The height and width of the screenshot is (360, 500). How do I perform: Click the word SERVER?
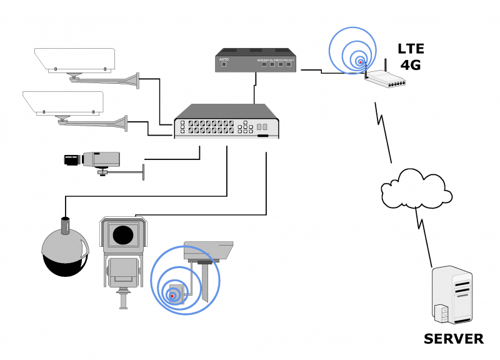pos(453,339)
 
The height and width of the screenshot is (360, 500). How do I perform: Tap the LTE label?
pos(411,48)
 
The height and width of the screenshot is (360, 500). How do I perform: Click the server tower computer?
pos(452,295)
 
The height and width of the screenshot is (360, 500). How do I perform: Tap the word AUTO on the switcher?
pos(224,59)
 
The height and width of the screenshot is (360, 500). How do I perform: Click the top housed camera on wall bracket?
pos(75,59)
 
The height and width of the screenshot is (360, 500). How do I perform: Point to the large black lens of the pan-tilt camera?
pos(123,234)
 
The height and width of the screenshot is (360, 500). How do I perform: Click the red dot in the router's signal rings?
pos(361,61)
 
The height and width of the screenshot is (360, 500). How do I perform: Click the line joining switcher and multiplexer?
pos(254,88)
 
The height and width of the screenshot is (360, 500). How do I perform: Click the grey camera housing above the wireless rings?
pos(208,251)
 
